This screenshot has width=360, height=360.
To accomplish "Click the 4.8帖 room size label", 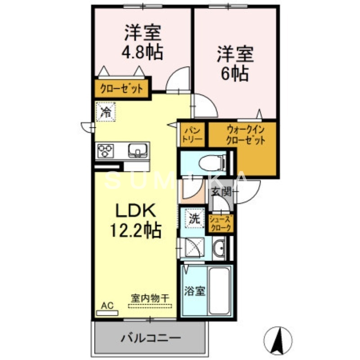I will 142,53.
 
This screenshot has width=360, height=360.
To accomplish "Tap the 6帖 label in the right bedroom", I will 234,73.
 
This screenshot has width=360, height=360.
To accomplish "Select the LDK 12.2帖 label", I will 136,221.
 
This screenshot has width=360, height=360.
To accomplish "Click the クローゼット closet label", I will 122,88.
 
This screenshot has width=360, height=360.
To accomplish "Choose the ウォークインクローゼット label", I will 245,134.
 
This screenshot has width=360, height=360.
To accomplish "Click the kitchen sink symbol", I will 137,149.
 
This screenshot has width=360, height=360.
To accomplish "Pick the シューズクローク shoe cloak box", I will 221,224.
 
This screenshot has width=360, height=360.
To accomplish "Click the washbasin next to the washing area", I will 220,248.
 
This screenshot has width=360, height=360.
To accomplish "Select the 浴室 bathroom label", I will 195,291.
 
